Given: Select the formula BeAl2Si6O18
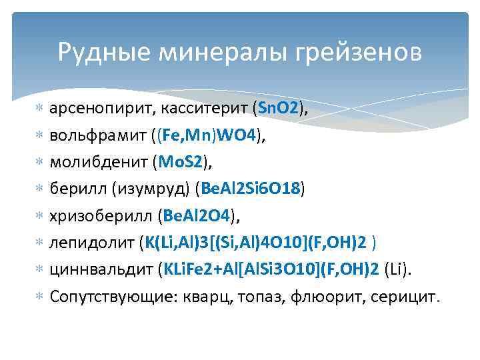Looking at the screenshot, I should pyautogui.click(x=251, y=189).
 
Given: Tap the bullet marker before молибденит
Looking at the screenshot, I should pyautogui.click(x=39, y=163).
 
